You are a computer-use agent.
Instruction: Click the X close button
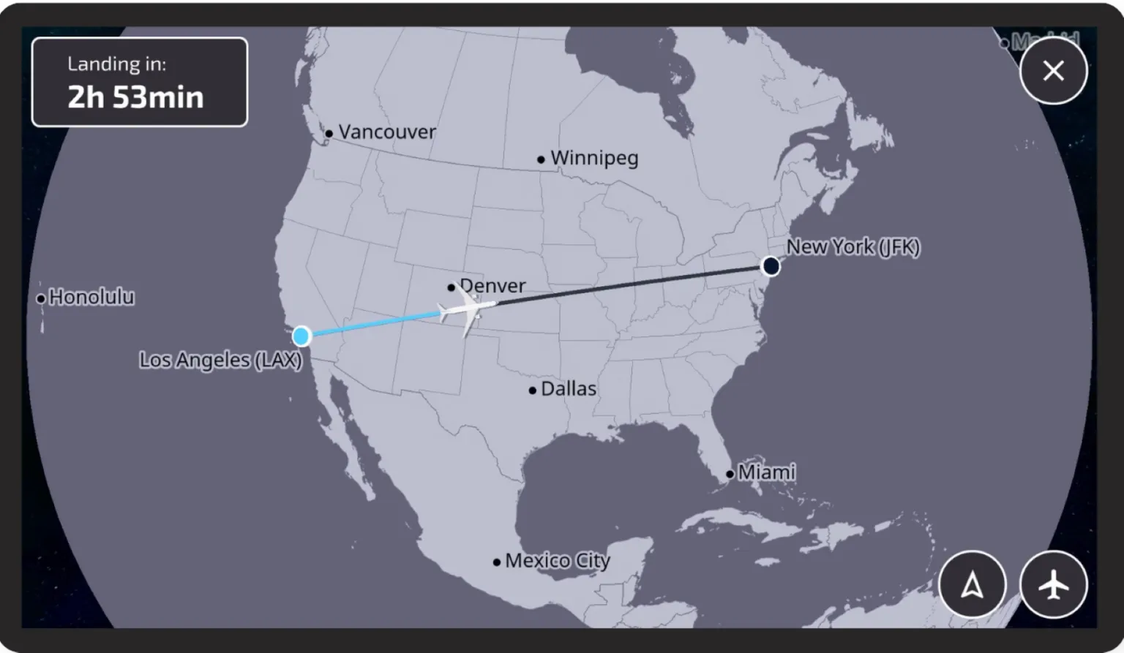tap(1053, 71)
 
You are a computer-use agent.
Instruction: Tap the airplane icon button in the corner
tap(1053, 585)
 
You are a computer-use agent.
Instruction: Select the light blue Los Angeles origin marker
tap(301, 336)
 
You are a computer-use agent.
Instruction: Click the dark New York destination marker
tap(771, 266)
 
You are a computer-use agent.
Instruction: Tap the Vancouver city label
tap(386, 132)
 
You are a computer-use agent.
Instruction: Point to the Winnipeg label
tap(594, 158)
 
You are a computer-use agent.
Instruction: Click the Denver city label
tap(492, 285)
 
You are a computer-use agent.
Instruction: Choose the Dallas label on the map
tap(569, 389)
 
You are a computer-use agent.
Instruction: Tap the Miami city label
tap(766, 472)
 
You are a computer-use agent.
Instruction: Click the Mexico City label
tap(558, 561)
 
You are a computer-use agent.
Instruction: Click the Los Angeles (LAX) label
tap(220, 360)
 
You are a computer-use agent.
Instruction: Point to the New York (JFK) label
tap(853, 247)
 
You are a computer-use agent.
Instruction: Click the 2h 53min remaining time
tap(135, 97)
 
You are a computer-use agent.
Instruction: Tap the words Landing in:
tap(117, 64)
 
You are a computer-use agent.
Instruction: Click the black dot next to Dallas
tap(532, 390)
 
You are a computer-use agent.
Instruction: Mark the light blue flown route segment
tap(373, 324)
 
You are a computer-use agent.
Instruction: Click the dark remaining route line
tap(629, 286)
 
